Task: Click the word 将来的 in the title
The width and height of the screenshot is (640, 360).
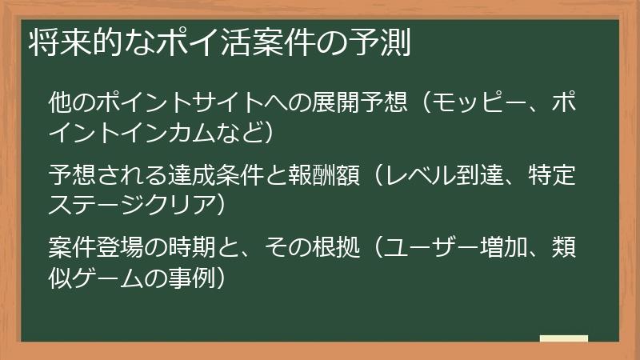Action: click(69, 43)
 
